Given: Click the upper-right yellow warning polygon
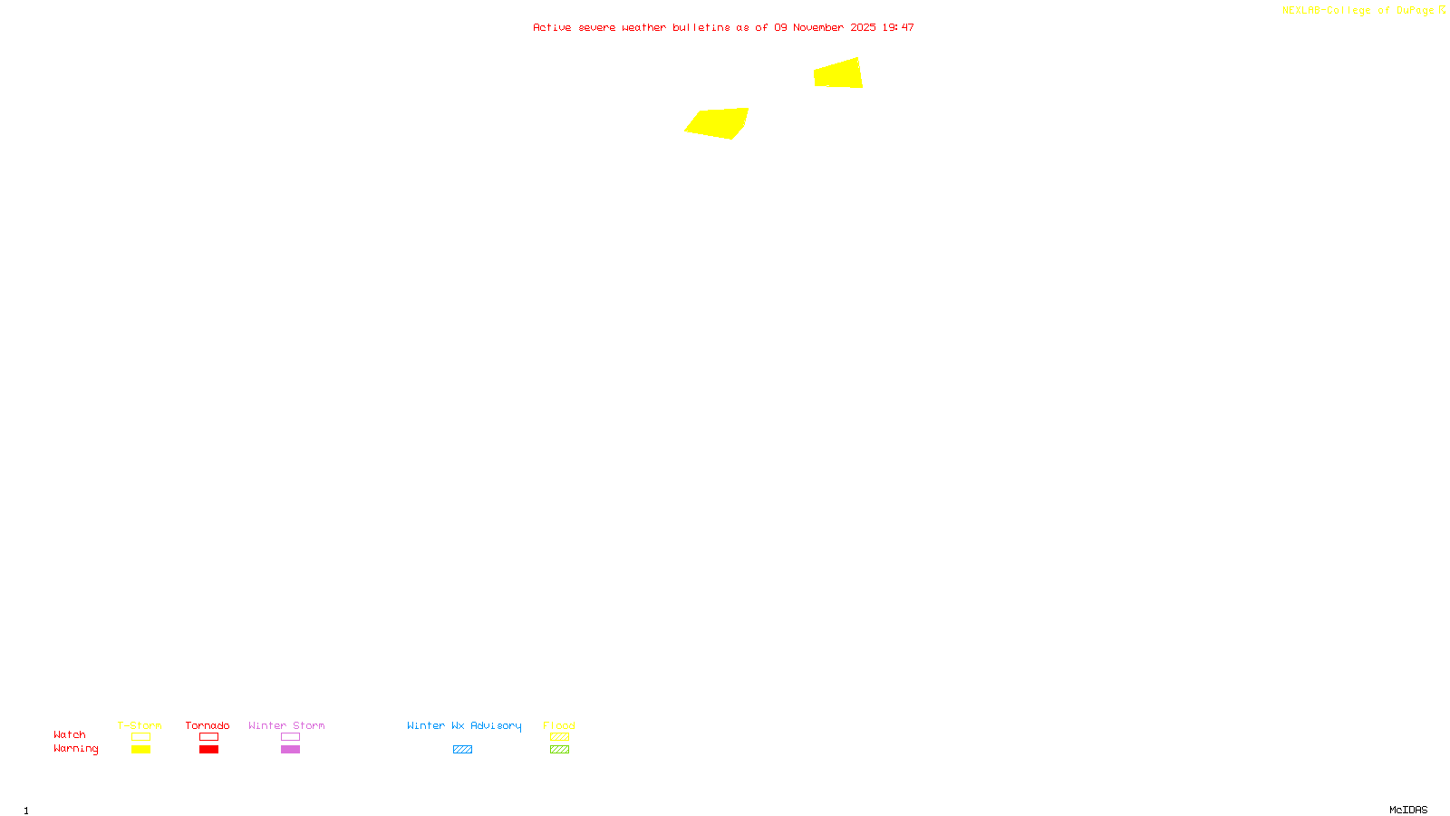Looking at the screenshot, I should coord(838,73).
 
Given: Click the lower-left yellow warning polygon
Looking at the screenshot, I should coord(718,122).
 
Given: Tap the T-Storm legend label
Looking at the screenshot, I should coord(140,725).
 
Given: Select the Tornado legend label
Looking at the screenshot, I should coord(208,725).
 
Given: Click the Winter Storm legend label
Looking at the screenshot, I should coord(286,725).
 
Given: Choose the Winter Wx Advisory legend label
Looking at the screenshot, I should coord(464,725).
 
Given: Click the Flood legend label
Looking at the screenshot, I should coord(559,725).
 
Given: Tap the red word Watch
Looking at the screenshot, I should coord(70,734).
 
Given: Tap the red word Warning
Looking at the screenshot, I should coord(76,749).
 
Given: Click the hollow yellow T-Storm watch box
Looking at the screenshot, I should coord(140,737).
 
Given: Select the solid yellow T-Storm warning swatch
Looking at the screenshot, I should coord(140,750).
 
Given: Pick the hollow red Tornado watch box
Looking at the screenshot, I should coord(208,737).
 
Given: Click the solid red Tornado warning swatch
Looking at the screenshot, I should coord(208,750).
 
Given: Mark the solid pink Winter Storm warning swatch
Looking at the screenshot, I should coord(290,750).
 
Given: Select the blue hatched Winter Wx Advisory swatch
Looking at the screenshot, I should coord(462,750).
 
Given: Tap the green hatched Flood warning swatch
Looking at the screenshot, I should coord(559,750).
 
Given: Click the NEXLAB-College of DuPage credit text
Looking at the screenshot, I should coord(1358,11).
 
